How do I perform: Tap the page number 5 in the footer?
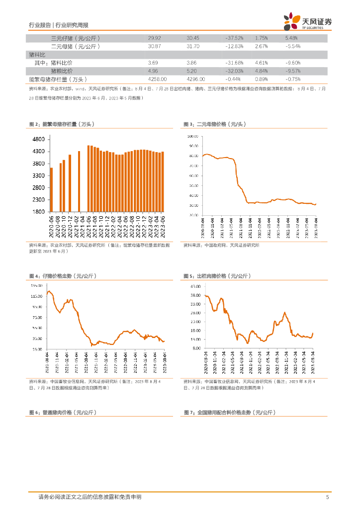(327, 497)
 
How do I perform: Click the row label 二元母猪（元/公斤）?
(76, 46)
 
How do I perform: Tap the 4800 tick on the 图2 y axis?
(39, 139)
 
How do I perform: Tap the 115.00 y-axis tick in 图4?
(36, 296)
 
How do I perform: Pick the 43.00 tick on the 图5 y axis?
(194, 286)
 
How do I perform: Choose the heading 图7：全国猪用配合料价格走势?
(229, 413)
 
